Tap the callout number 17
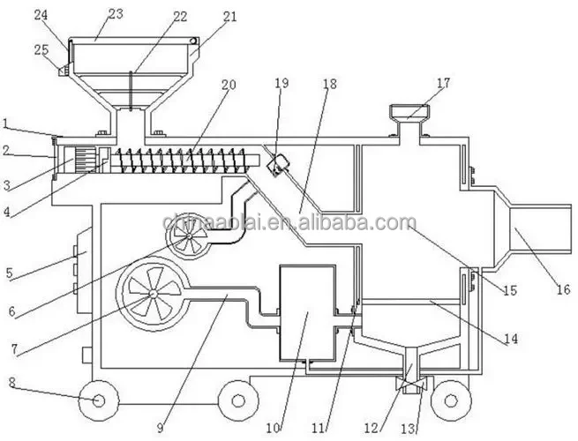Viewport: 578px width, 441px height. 443,83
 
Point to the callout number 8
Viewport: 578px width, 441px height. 12,383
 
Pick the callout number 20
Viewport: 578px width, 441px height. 229,86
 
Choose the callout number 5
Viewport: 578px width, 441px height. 10,273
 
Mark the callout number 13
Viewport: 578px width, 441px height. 409,428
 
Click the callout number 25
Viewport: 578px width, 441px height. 41,50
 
